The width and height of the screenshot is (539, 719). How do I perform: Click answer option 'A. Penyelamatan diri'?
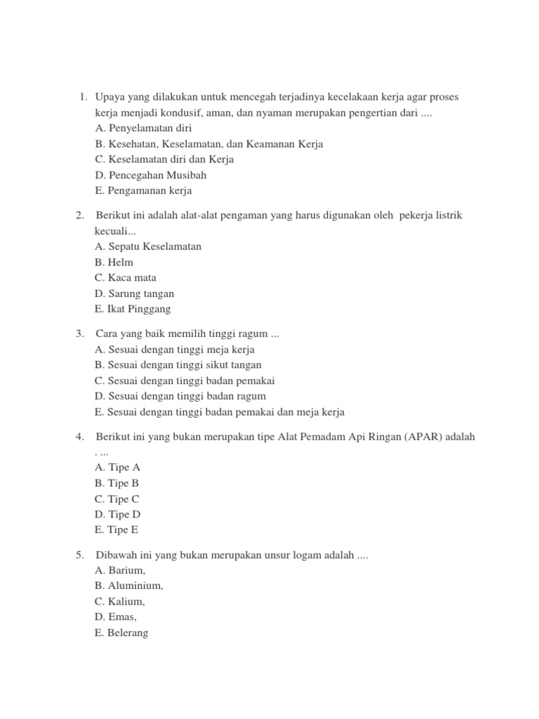click(x=142, y=128)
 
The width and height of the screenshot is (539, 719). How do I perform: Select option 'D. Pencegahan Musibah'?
click(x=150, y=175)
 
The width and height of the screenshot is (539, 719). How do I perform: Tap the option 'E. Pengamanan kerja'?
click(x=142, y=190)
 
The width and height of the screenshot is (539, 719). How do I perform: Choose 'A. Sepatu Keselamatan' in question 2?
click(x=147, y=246)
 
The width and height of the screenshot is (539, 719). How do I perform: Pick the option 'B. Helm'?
click(x=114, y=262)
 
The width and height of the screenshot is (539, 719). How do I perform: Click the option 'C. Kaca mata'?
click(x=126, y=277)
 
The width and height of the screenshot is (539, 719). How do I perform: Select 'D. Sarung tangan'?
click(x=134, y=293)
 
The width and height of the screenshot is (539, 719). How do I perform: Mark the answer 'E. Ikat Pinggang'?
click(x=133, y=309)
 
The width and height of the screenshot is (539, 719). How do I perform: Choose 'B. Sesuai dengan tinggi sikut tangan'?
click(x=178, y=365)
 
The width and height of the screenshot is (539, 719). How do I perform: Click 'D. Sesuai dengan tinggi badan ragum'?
click(x=180, y=396)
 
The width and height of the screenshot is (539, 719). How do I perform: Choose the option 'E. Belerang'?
click(x=121, y=633)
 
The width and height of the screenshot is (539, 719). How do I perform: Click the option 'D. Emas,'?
click(x=116, y=617)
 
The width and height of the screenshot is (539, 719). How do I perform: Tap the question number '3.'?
click(x=80, y=334)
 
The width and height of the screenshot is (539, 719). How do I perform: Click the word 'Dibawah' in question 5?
click(x=116, y=555)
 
